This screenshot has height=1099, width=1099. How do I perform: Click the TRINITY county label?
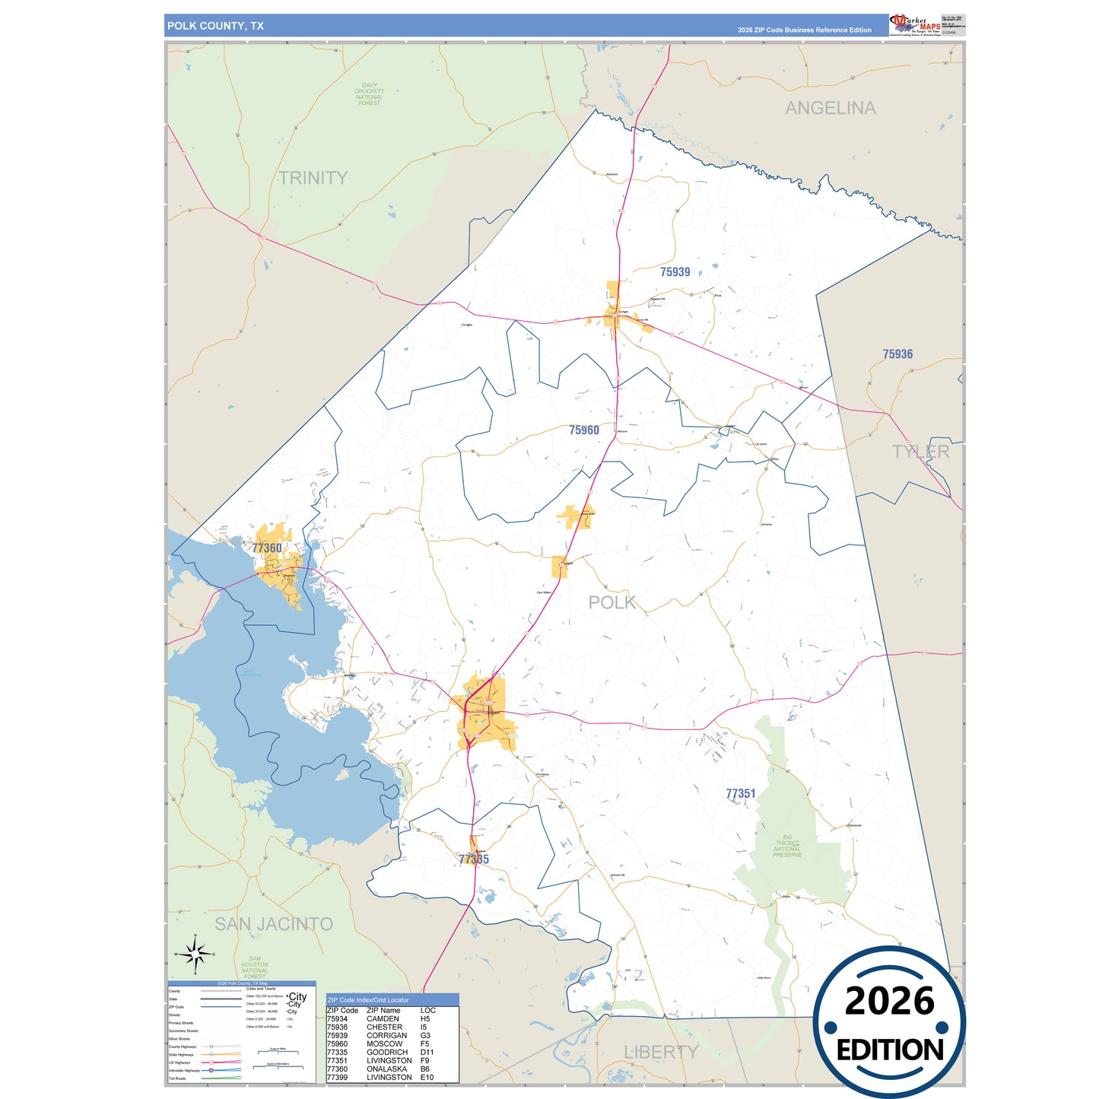pyautogui.click(x=313, y=178)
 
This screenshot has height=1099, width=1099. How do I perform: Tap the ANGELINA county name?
pyautogui.click(x=830, y=108)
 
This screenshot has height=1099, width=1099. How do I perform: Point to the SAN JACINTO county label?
pyautogui.click(x=274, y=924)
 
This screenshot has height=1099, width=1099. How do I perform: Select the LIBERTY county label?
pyautogui.click(x=661, y=1052)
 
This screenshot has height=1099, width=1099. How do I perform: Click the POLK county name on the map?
pyautogui.click(x=612, y=602)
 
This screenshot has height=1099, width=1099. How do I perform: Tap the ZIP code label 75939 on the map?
pyautogui.click(x=675, y=272)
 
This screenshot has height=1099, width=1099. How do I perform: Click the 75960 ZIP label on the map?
pyautogui.click(x=584, y=430)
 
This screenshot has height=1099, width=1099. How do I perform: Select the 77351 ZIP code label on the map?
pyautogui.click(x=740, y=794)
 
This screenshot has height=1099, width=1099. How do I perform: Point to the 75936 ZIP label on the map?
pyautogui.click(x=897, y=354)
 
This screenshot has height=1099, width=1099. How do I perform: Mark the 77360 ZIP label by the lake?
pyautogui.click(x=267, y=548)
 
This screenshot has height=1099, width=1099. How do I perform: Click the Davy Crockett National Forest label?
pyautogui.click(x=370, y=94)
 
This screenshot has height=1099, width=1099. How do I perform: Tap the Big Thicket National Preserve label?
pyautogui.click(x=787, y=846)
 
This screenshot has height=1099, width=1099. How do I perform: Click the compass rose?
pyautogui.click(x=195, y=953)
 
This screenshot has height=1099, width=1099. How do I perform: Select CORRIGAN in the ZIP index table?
pyautogui.click(x=386, y=1036)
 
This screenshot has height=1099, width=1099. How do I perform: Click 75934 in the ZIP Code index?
pyautogui.click(x=337, y=1019)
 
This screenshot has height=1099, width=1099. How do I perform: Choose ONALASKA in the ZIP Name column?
pyautogui.click(x=386, y=1069)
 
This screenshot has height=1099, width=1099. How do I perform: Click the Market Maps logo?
pyautogui.click(x=914, y=25)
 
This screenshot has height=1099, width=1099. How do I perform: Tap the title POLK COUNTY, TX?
pyautogui.click(x=215, y=26)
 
